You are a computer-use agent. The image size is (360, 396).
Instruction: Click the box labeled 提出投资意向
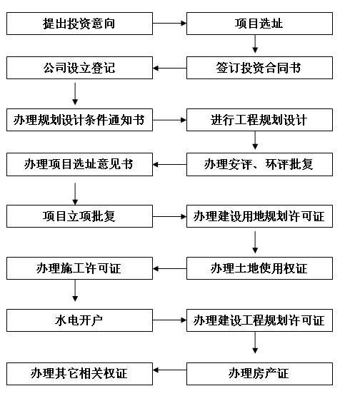pyautogui.click(x=79, y=24)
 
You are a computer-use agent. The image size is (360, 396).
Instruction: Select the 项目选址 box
pyautogui.click(x=259, y=24)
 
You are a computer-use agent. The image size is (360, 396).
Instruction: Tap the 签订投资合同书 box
pyautogui.click(x=259, y=68)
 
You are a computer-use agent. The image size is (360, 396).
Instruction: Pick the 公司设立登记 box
pyautogui.click(x=79, y=68)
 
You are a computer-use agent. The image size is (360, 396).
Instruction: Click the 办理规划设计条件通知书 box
pyautogui.click(x=79, y=120)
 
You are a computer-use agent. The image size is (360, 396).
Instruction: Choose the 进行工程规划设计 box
pyautogui.click(x=259, y=120)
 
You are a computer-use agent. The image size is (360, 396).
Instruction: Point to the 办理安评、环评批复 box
pyautogui.click(x=259, y=164)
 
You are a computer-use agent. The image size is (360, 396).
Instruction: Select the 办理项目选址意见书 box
pyautogui.click(x=79, y=164)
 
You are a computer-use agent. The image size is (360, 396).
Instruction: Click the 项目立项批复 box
pyautogui.click(x=79, y=216)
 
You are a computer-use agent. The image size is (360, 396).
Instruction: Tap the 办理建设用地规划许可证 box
pyautogui.click(x=259, y=216)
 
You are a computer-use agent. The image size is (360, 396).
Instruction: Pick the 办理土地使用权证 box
pyautogui.click(x=259, y=268)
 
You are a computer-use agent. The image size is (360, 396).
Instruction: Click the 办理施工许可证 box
pyautogui.click(x=79, y=268)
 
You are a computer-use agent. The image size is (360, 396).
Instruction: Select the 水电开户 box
pyautogui.click(x=79, y=320)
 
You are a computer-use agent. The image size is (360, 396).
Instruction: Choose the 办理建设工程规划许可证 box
pyautogui.click(x=259, y=320)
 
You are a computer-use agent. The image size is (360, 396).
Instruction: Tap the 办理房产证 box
pyautogui.click(x=259, y=374)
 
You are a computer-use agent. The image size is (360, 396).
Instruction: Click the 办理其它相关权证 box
pyautogui.click(x=79, y=374)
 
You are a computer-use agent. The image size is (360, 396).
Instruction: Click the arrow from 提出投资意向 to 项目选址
pyautogui.click(x=169, y=24)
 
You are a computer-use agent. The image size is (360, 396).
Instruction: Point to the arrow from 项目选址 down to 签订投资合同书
pyautogui.click(x=255, y=44)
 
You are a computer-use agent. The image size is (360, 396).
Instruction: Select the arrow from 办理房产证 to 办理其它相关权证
pyautogui.click(x=169, y=370)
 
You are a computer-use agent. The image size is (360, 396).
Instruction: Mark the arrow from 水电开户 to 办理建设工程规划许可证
pyautogui.click(x=169, y=320)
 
